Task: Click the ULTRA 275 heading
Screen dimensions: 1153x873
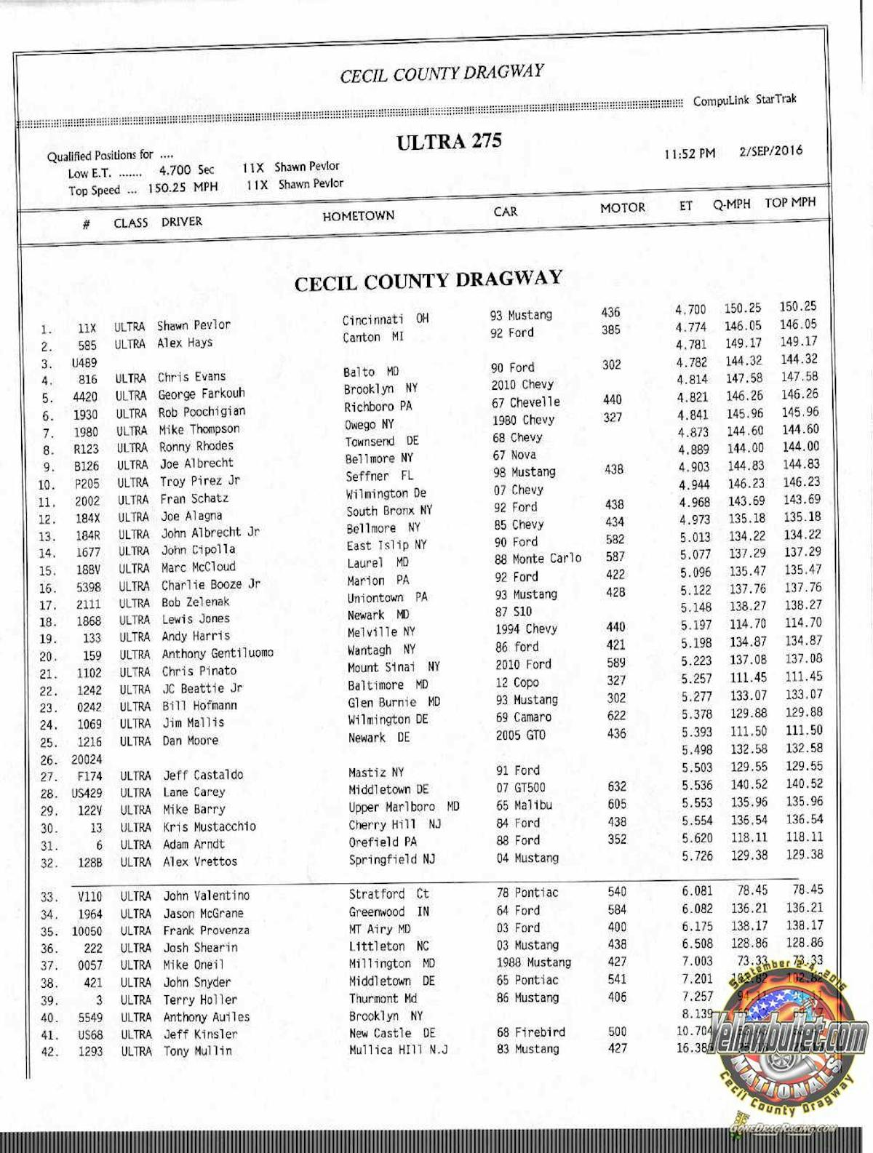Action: point(449,141)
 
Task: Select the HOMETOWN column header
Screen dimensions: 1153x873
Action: point(358,216)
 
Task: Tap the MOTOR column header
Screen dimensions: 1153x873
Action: point(622,208)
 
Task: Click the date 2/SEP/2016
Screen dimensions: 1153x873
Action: point(770,151)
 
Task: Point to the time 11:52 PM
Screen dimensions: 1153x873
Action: point(689,153)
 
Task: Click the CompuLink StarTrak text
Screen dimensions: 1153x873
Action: point(744,100)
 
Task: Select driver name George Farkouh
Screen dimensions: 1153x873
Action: point(202,394)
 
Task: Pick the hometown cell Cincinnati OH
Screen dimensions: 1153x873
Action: point(386,320)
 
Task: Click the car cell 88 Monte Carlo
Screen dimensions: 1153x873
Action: point(538,559)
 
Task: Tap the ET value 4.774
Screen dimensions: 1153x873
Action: point(690,327)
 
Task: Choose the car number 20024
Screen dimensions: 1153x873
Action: point(87,759)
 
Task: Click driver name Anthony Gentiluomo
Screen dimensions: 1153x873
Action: point(218,653)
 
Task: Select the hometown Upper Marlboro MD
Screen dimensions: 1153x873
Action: point(404,807)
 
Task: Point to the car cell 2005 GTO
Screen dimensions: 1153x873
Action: point(520,735)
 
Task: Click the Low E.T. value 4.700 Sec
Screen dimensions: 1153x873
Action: point(187,170)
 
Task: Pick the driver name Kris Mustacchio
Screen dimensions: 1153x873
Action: point(209,826)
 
